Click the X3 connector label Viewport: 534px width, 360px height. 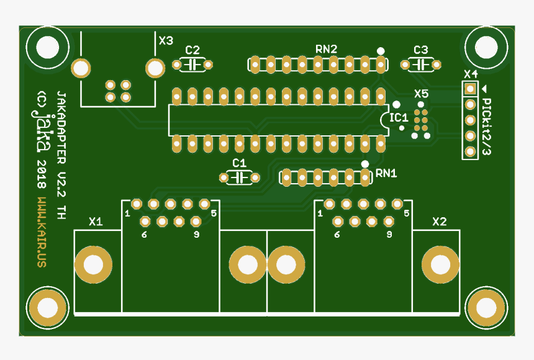pos(166,41)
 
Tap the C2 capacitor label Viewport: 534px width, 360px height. pos(192,50)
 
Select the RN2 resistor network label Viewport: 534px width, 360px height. pos(326,48)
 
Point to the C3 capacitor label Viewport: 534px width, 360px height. pos(420,50)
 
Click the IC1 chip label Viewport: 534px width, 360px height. pos(398,117)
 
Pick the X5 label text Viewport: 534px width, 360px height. pos(421,94)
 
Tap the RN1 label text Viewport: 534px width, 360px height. pos(386,173)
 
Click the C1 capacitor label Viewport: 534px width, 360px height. pos(239,163)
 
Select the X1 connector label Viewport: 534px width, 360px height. pos(96,221)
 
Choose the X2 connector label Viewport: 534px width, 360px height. pos(440,221)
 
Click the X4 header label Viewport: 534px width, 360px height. pos(471,74)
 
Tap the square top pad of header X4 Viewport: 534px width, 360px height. pos(471,89)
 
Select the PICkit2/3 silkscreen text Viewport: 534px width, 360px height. pos(487,127)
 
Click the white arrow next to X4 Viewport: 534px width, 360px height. pos(485,89)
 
